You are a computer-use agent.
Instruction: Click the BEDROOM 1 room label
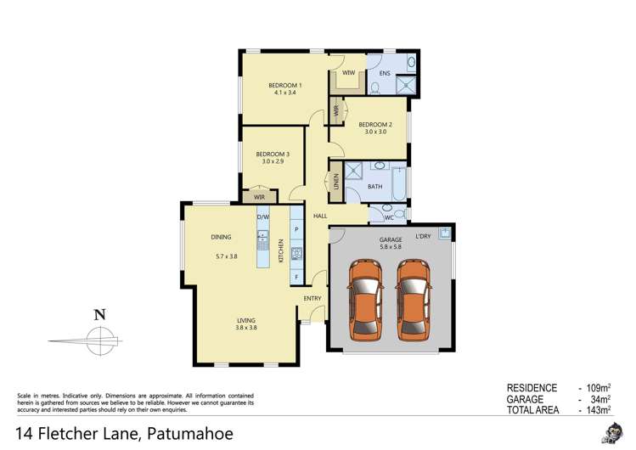click(285, 85)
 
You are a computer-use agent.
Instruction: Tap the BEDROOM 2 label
click(374, 124)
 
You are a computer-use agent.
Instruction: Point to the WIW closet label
click(348, 74)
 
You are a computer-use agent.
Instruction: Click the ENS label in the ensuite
click(384, 74)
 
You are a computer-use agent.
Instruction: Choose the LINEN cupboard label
click(336, 181)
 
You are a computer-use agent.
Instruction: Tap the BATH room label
click(375, 186)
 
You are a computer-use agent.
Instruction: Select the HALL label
click(320, 217)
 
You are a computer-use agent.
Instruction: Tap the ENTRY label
click(312, 298)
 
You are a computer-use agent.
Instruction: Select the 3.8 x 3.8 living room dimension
click(246, 328)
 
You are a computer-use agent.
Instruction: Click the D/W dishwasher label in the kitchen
click(263, 216)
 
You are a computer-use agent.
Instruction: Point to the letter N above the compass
click(99, 313)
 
